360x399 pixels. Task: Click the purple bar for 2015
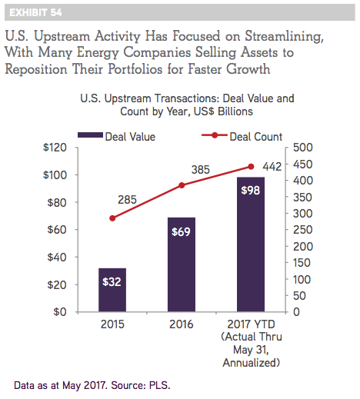112,290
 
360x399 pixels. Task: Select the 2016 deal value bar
182,264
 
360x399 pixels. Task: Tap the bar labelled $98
251,244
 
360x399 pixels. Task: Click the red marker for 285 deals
112,218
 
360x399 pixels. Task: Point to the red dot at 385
182,185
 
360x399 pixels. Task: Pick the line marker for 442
251,167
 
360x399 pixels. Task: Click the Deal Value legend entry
117,136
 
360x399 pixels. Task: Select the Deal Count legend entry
242,136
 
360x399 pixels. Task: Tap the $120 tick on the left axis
55,148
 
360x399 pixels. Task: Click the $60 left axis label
57,230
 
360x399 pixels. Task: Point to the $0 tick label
60,312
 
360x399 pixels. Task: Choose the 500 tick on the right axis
303,148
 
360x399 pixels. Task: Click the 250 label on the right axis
303,230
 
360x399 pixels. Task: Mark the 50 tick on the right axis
299,296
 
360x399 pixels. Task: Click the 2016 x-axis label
181,324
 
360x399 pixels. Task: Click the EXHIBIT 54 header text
35,12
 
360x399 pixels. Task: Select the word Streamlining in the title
284,36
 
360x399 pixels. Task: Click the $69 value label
181,232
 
